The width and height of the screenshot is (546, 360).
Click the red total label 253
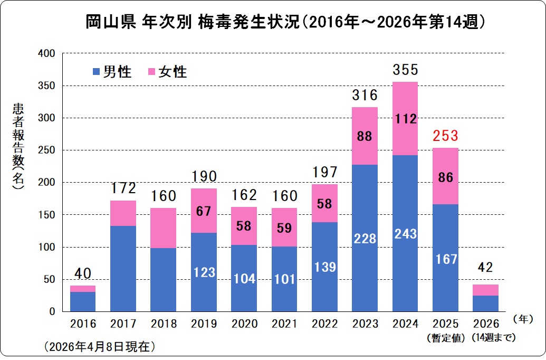point(445,137)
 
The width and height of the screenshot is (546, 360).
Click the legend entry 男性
point(111,72)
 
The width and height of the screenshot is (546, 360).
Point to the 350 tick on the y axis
point(47,86)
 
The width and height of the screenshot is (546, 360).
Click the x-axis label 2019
point(204,324)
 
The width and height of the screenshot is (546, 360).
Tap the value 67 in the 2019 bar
point(204,212)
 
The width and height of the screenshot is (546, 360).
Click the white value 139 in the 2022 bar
point(325,267)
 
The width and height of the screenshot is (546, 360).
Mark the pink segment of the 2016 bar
point(83,289)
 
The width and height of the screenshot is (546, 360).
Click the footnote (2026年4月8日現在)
point(100,347)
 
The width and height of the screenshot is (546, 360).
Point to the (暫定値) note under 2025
point(445,337)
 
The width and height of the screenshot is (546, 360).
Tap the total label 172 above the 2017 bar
point(123,188)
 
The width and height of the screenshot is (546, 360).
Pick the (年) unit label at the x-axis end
point(522,319)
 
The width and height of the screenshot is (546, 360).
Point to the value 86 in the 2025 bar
point(445,177)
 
